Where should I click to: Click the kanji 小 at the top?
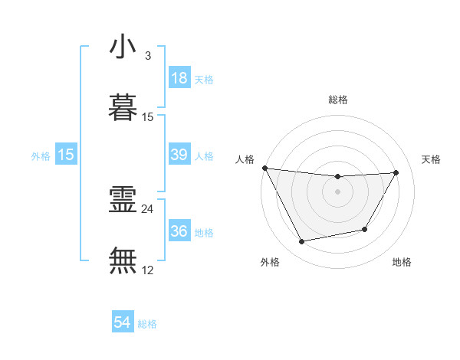click(x=123, y=47)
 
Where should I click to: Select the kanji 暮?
click(x=123, y=108)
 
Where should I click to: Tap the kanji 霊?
click(x=123, y=200)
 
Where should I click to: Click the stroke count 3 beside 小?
click(x=147, y=56)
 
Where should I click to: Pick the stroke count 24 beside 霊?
click(x=148, y=208)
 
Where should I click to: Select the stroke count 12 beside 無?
click(x=148, y=270)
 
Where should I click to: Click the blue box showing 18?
click(x=179, y=78)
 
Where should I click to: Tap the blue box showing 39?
click(x=179, y=155)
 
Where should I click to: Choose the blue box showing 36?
click(x=179, y=231)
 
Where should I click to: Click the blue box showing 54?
click(x=123, y=323)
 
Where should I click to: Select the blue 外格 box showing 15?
click(x=66, y=155)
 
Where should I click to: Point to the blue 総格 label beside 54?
click(x=147, y=324)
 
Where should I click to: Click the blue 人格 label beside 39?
click(x=204, y=155)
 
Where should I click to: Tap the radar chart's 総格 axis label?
click(x=338, y=100)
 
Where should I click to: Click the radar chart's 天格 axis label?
click(x=432, y=159)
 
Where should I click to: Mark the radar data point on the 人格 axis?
click(x=264, y=168)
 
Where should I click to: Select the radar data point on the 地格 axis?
click(x=365, y=229)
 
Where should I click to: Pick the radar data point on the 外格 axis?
click(x=301, y=242)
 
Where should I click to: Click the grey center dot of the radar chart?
click(x=338, y=191)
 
